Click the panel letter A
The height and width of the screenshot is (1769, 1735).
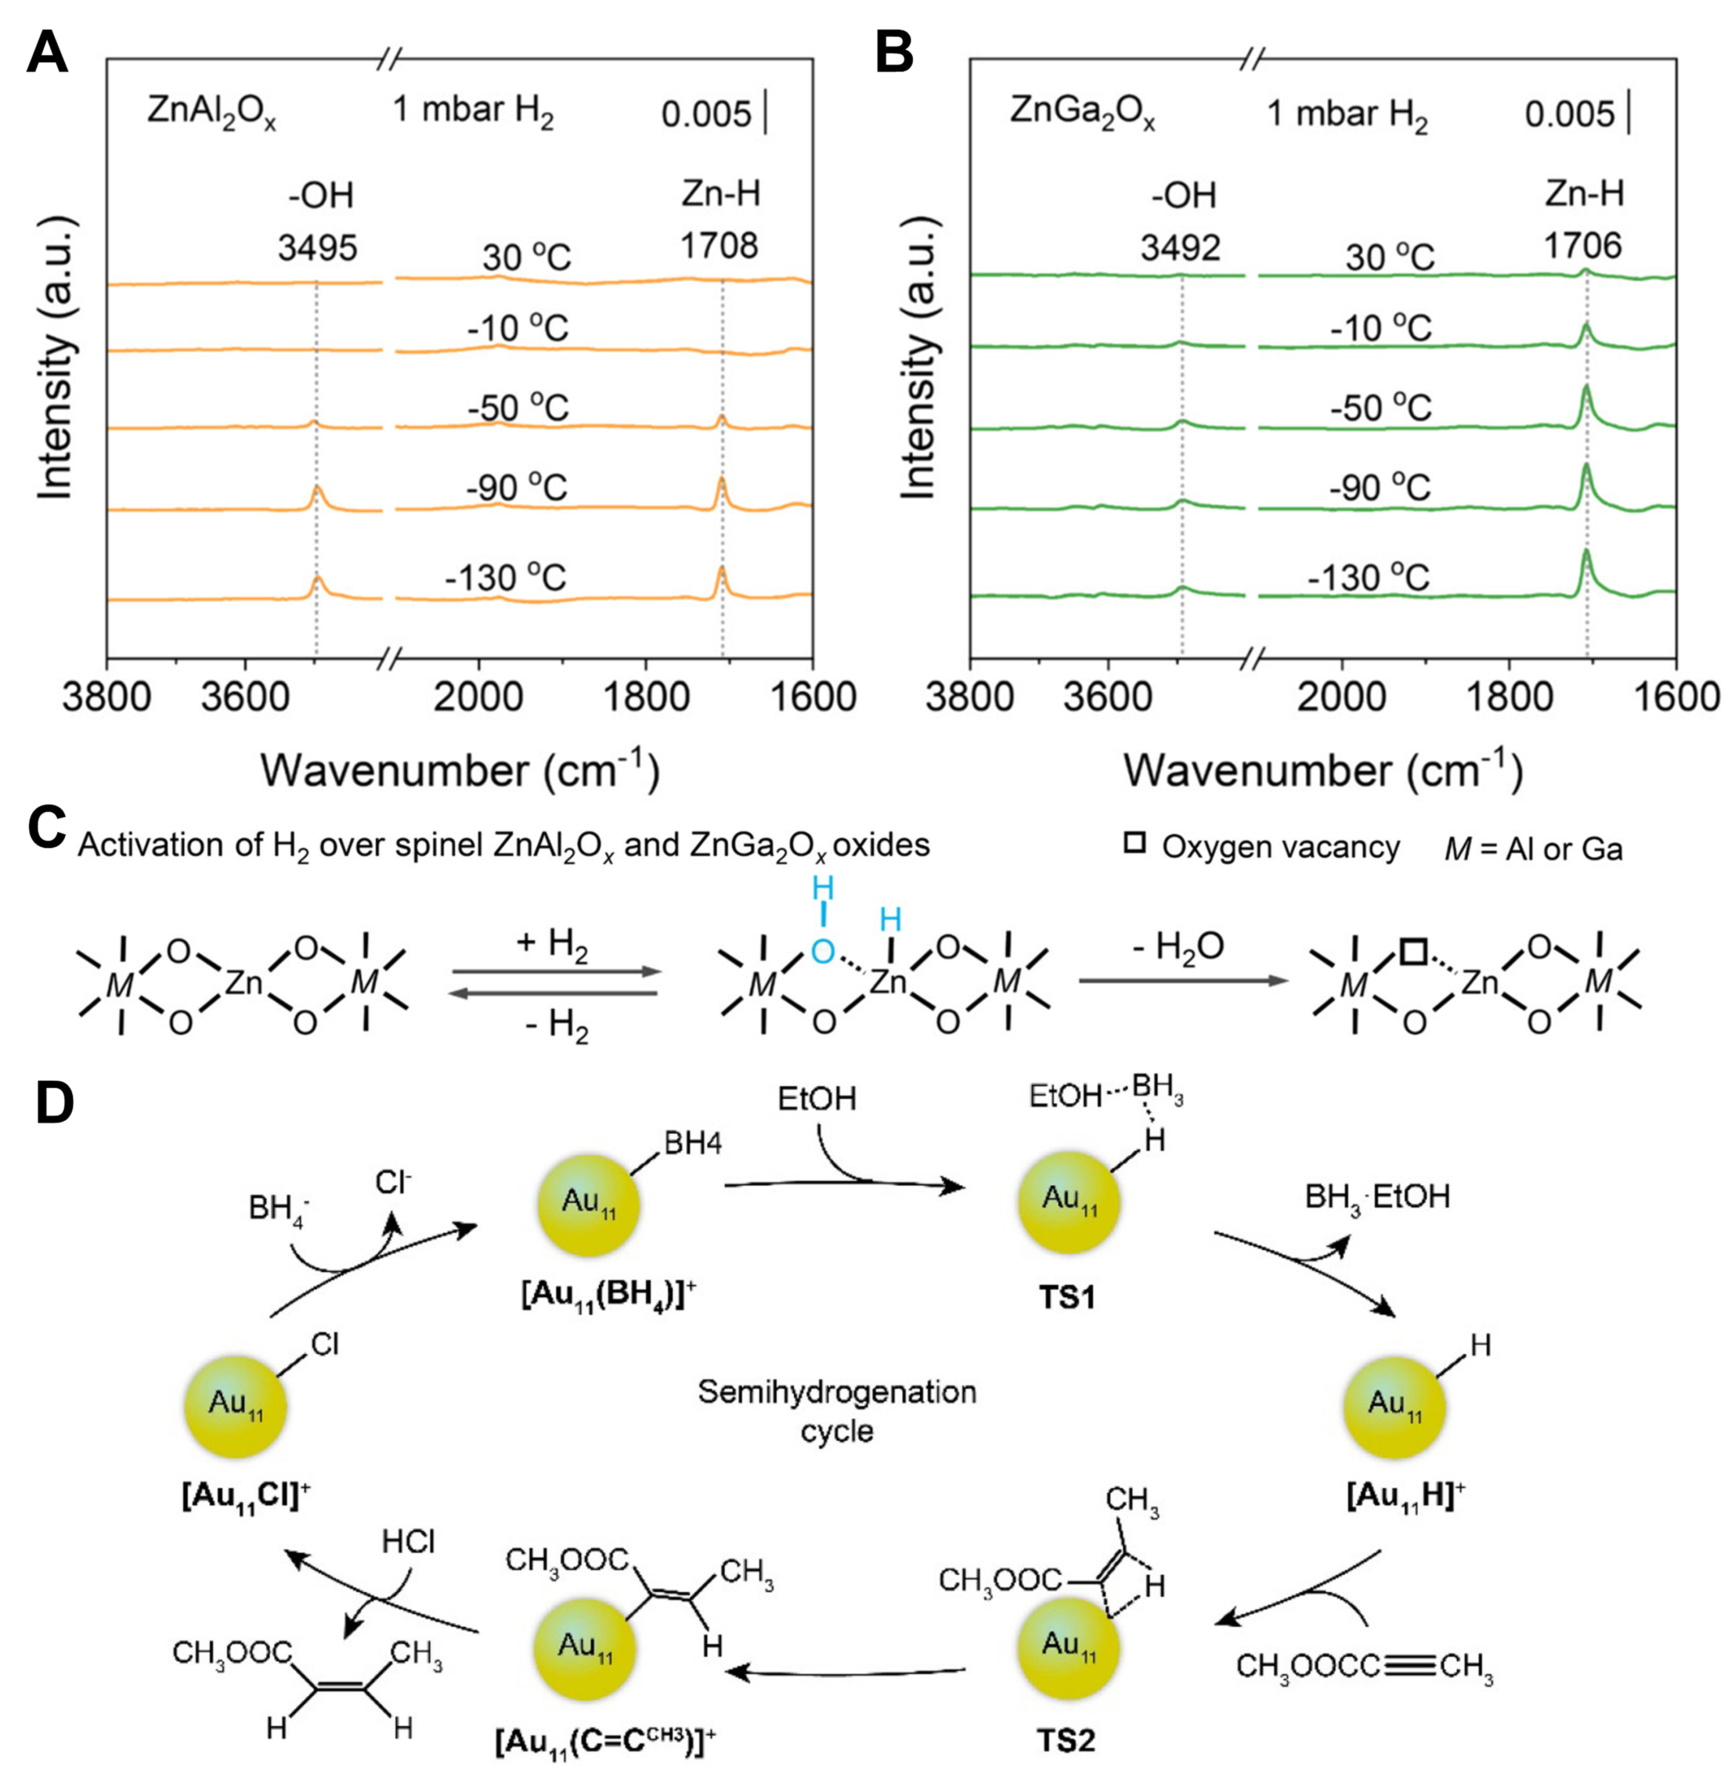(47, 55)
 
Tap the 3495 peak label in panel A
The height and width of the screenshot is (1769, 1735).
(317, 247)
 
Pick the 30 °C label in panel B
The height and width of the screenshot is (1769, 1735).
(1390, 258)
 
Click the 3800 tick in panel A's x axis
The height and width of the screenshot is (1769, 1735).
(107, 697)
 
